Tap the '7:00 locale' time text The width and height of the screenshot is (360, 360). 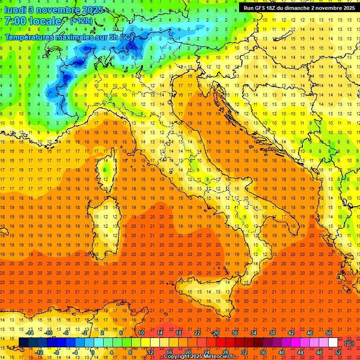pos(32,21)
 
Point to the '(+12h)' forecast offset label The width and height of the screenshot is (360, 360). pos(81,21)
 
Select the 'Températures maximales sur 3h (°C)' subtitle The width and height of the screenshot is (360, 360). pos(68,37)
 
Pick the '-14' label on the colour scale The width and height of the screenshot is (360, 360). pos(30,333)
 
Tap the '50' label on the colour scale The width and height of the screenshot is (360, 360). pos(329,333)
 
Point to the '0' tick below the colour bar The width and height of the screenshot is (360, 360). pos(93,352)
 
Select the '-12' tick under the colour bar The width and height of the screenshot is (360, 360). pos(39,352)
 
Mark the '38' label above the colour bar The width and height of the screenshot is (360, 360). pos(272,333)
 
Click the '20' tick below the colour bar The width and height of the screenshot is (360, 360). pos(187,352)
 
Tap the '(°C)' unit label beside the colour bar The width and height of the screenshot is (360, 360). pos(349,343)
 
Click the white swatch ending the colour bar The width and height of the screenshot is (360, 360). pos(333,343)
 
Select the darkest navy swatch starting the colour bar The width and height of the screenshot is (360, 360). pos(23,343)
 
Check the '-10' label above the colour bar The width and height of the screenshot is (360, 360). pos(48,333)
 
